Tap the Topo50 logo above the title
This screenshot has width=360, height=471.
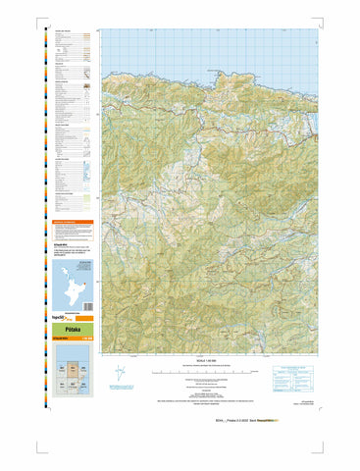coord(62,320)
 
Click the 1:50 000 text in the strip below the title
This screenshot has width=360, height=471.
coord(89,340)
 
